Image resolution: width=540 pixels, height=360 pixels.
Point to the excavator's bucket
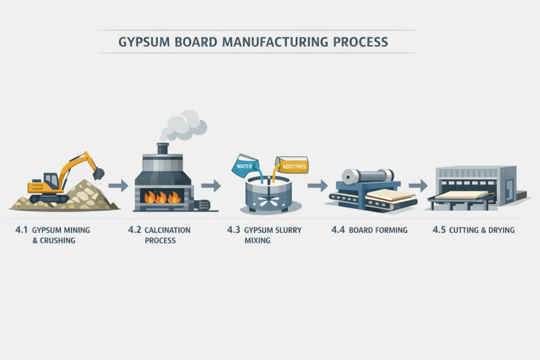pyautogui.click(x=98, y=173)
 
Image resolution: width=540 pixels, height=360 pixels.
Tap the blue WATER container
pyautogui.click(x=245, y=164)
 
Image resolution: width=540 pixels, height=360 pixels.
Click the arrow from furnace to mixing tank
pyautogui.click(x=211, y=185)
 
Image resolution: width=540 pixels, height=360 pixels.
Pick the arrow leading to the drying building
pyautogui.click(x=418, y=185)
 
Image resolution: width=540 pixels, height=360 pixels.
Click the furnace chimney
pyautogui.click(x=163, y=148)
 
